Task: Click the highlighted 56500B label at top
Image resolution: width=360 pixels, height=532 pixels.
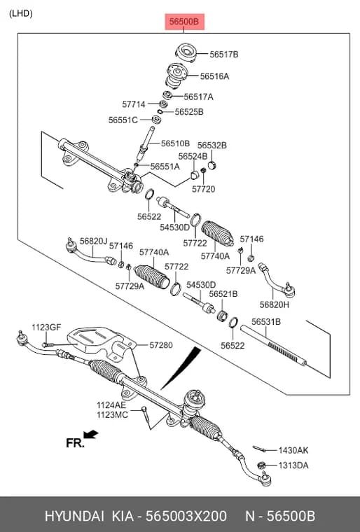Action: click(x=184, y=22)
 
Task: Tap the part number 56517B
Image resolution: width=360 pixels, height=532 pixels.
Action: click(x=224, y=55)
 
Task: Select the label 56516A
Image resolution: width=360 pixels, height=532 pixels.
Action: click(x=214, y=76)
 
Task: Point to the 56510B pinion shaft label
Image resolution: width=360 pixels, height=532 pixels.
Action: click(x=175, y=143)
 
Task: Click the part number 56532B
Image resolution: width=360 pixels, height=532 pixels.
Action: click(x=212, y=145)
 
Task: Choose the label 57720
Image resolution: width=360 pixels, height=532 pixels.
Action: click(x=203, y=189)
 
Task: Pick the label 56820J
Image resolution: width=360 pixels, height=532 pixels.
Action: click(x=93, y=241)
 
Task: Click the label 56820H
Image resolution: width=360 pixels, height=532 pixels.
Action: click(x=275, y=304)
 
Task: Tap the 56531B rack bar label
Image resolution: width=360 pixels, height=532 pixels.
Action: click(x=266, y=321)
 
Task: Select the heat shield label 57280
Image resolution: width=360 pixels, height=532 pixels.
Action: click(x=161, y=345)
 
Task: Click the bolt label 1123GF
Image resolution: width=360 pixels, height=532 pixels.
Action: click(x=46, y=328)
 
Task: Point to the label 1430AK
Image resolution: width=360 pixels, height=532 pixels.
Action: click(x=293, y=450)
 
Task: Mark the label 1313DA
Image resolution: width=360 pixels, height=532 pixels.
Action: click(x=293, y=465)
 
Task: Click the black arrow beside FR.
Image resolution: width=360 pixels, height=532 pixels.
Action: click(x=90, y=434)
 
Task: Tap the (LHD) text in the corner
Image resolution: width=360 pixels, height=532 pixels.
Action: click(x=21, y=13)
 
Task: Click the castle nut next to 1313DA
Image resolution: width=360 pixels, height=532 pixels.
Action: click(x=261, y=465)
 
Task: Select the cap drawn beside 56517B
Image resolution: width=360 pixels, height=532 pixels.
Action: click(x=186, y=53)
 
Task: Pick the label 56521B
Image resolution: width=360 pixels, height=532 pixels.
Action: click(x=223, y=294)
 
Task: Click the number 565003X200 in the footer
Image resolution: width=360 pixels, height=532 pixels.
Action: click(x=186, y=516)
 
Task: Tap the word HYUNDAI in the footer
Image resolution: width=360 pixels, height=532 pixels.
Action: click(x=74, y=516)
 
